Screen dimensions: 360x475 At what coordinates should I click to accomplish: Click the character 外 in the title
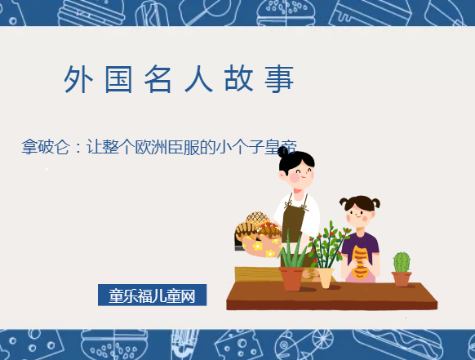coord(77,79)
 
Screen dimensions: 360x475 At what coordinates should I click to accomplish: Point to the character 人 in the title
coord(198,79)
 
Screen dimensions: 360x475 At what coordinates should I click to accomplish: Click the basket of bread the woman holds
coord(258,233)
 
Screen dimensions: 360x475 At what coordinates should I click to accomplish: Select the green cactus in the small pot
coord(402,262)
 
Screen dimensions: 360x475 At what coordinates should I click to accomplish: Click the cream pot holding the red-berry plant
coord(326,278)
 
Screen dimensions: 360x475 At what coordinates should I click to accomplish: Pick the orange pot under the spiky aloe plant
coord(291,278)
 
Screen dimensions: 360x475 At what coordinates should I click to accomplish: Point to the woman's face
coord(299,172)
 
